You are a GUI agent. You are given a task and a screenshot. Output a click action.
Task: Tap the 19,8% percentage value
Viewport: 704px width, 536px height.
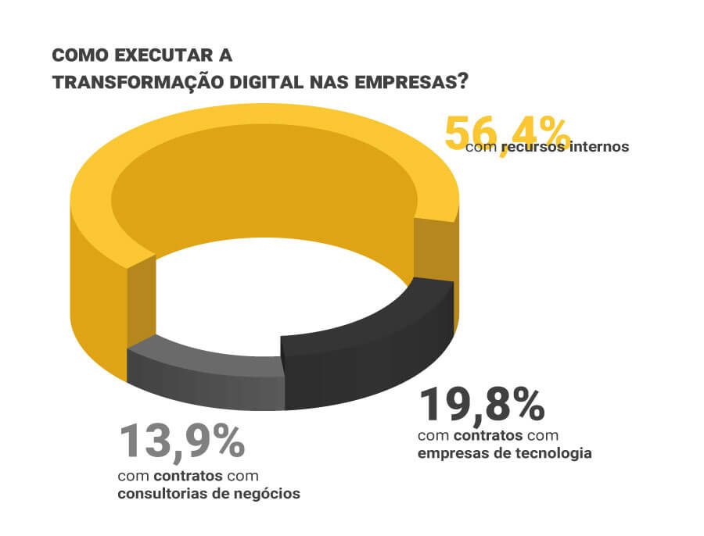click(x=482, y=406)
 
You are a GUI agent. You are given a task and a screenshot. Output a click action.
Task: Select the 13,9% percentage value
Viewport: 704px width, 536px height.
click(x=181, y=442)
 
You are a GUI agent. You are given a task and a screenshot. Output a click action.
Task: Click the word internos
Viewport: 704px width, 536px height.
click(x=598, y=146)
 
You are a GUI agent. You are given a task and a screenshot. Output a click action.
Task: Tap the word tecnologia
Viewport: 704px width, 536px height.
click(x=553, y=453)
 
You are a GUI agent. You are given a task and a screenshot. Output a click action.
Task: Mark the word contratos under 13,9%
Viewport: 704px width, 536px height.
click(x=185, y=476)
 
